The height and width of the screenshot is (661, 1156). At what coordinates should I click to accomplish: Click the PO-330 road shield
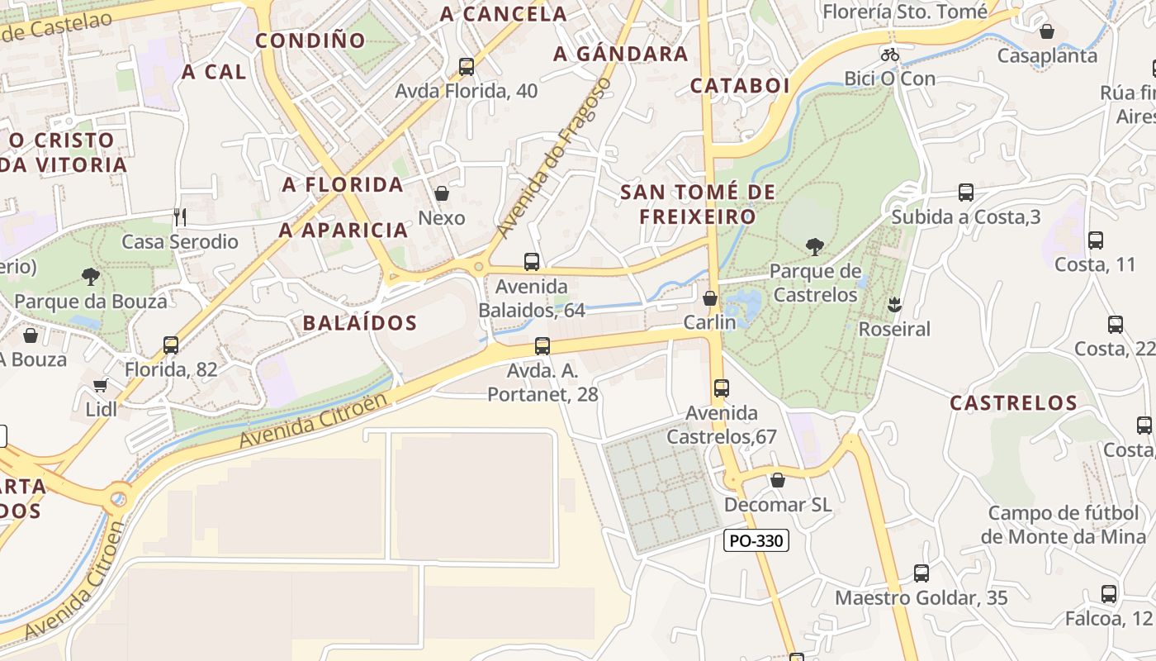756,540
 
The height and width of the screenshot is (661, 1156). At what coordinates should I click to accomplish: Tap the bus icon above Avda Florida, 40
467,67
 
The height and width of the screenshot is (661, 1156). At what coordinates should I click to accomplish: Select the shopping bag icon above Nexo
442,193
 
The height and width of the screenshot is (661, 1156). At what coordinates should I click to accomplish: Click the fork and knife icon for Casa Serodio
180,216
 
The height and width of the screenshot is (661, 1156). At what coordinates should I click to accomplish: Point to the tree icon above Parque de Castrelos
815,246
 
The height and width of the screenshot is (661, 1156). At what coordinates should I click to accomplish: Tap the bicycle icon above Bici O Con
889,55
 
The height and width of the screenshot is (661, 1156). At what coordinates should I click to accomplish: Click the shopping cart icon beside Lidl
101,385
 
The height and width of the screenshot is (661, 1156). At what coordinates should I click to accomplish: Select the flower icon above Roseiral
893,305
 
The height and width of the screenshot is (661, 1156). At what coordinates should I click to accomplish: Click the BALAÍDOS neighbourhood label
360,323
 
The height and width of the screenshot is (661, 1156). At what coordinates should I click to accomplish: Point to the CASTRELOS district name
1013,403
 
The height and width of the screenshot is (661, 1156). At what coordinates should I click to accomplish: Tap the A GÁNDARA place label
620,55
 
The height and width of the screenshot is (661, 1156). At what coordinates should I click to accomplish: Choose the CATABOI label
740,85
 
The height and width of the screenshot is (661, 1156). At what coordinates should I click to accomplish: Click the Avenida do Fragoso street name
555,158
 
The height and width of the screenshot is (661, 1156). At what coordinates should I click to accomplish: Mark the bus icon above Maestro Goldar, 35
921,573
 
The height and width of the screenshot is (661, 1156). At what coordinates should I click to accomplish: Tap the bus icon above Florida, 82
171,345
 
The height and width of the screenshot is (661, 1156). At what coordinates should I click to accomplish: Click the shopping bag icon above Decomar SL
777,480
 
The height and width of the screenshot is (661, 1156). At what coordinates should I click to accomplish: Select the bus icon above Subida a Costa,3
965,193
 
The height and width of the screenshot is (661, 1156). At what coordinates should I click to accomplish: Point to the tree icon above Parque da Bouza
91,277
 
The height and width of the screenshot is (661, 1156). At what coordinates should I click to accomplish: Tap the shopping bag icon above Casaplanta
1047,31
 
